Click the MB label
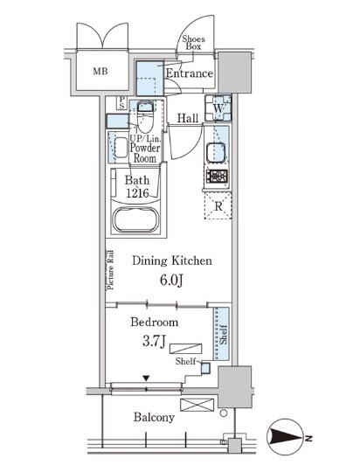coord(100,72)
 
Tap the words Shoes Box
coord(193,43)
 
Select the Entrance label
coord(190,73)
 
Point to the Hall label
coord(188,118)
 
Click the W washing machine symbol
coord(218,108)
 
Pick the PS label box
coord(121,102)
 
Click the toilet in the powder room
coord(145,117)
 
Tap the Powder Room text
coord(145,153)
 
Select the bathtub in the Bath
coord(136,219)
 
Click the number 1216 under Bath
coord(137,193)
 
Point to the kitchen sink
coord(216,152)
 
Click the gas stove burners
coord(217,176)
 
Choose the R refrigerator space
coord(218,206)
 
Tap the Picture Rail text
coord(110,270)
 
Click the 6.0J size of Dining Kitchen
coord(171,281)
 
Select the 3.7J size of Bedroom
coord(154,342)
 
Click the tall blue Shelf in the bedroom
coord(221,334)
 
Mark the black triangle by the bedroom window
coord(146,378)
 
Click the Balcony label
coord(154,417)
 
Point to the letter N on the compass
coord(308,438)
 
